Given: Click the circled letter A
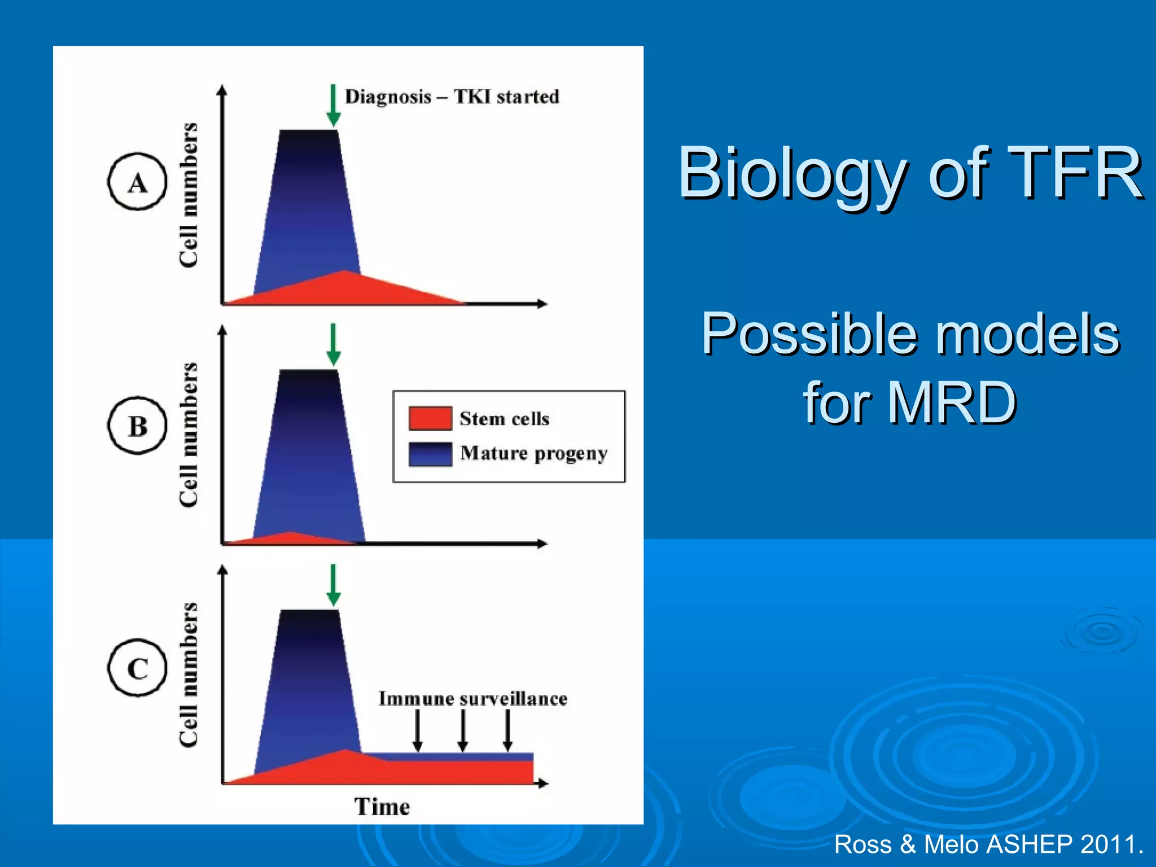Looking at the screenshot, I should [137, 182].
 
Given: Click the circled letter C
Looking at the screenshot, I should [137, 668].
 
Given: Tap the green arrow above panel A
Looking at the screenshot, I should [333, 106].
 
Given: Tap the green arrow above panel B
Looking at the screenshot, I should [333, 345].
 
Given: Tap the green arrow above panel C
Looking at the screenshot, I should [333, 585].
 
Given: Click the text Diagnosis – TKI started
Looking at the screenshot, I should [452, 97].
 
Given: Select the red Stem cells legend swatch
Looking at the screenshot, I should [430, 418].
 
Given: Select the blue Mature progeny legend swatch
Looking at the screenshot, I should [430, 454].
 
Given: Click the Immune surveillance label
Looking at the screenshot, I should [472, 699].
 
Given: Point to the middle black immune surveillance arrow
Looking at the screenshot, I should [462, 730].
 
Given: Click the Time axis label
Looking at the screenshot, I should [382, 807].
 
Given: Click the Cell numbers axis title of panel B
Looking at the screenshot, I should [189, 435].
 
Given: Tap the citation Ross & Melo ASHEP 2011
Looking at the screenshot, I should [988, 844].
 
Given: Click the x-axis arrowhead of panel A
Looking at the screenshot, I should [542, 304].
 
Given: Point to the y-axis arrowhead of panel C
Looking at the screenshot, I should [223, 570].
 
